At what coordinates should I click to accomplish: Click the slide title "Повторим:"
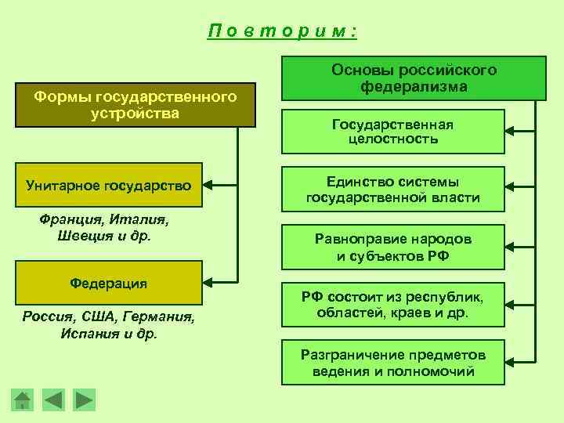point(282,31)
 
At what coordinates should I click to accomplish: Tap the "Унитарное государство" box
point(108,186)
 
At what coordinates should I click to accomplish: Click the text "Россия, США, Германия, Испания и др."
point(109,325)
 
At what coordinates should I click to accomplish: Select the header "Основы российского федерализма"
point(414,78)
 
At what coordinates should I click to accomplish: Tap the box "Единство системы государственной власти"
point(392,190)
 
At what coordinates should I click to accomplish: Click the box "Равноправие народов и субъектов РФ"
point(392,247)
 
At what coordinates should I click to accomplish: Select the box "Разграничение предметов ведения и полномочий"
point(392,362)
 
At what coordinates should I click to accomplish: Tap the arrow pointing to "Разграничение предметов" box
point(521,360)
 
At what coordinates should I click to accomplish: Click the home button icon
point(23,400)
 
